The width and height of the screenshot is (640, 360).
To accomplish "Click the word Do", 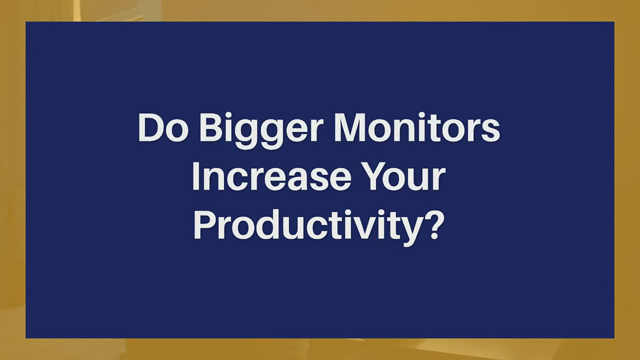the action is click(163, 128).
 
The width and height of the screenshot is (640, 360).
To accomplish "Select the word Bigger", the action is click(262, 131).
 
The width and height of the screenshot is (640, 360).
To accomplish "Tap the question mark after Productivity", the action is click(435, 224).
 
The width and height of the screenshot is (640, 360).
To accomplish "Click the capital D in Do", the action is click(151, 128).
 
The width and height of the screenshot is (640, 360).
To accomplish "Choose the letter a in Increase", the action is click(297, 180).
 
